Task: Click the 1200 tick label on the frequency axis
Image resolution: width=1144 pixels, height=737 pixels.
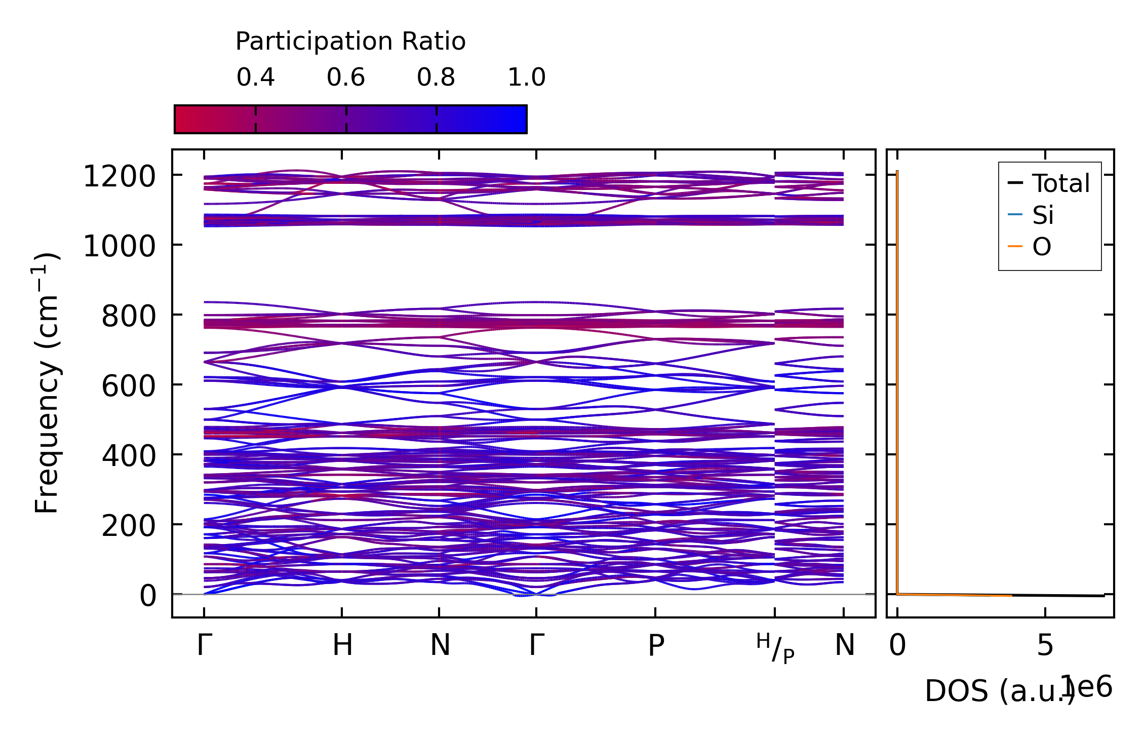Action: click(x=119, y=177)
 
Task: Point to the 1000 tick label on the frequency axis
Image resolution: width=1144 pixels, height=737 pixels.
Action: click(x=119, y=247)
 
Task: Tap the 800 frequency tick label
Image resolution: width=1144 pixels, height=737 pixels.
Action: click(x=128, y=317)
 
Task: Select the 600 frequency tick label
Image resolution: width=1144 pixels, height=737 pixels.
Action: click(x=128, y=386)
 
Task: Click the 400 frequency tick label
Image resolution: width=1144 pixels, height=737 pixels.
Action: click(x=128, y=456)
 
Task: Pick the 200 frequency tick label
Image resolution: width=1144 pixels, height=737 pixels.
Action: click(x=128, y=526)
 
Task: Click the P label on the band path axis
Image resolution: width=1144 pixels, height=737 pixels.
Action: click(x=656, y=646)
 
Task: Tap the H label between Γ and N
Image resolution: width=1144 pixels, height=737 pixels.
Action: click(x=342, y=646)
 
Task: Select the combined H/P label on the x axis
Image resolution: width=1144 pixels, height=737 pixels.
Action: click(x=775, y=648)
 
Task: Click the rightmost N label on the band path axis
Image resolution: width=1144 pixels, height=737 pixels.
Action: click(x=844, y=646)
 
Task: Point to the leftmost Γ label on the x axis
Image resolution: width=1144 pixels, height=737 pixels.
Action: click(x=204, y=646)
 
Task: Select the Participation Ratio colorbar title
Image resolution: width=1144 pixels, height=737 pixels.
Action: click(x=350, y=42)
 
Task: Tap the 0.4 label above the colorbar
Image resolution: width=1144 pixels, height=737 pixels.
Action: click(x=255, y=77)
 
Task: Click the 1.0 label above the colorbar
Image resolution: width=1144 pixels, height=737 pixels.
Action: click(x=527, y=77)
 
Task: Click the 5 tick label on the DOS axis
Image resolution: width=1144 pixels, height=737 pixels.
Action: click(x=1045, y=646)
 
